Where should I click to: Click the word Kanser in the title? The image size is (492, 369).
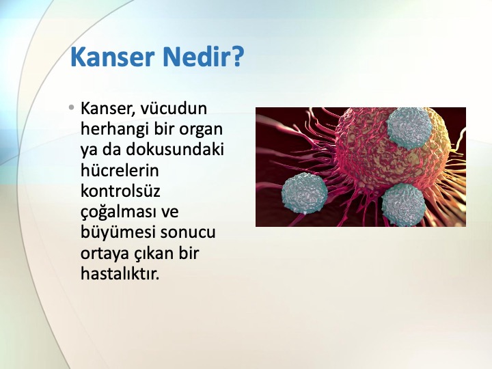pyautogui.click(x=111, y=57)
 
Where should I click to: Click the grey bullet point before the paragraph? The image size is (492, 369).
pyautogui.click(x=72, y=108)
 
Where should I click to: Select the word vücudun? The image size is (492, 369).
pyautogui.click(x=174, y=108)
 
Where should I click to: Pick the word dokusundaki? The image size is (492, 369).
pyautogui.click(x=175, y=150)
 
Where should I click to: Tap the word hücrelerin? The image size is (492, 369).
pyautogui.click(x=120, y=170)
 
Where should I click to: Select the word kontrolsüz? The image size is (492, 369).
pyautogui.click(x=120, y=191)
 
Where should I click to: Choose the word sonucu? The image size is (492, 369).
pyautogui.click(x=188, y=233)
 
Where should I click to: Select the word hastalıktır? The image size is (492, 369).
pyautogui.click(x=120, y=274)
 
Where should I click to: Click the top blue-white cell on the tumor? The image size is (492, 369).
pyautogui.click(x=409, y=128)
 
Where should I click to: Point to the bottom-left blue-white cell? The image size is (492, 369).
pyautogui.click(x=305, y=192)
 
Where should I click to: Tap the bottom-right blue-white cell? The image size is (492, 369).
pyautogui.click(x=403, y=204)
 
